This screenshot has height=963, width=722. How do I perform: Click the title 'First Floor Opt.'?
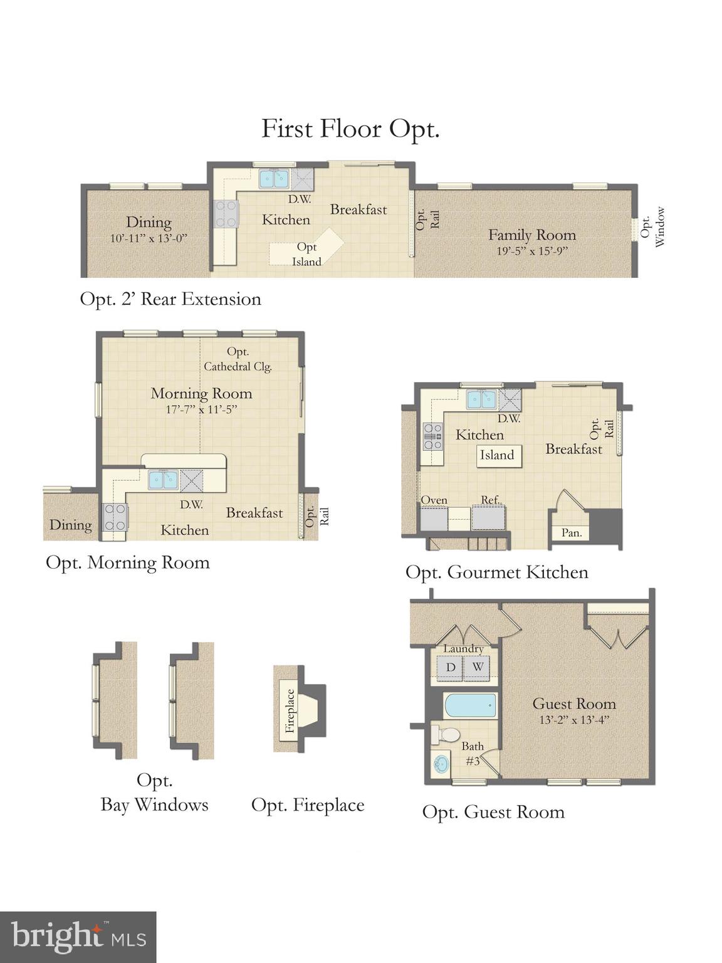pyautogui.click(x=350, y=129)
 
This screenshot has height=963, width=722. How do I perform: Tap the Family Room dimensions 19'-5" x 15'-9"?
pyautogui.click(x=531, y=251)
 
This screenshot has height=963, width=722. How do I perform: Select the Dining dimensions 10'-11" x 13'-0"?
pyautogui.click(x=149, y=238)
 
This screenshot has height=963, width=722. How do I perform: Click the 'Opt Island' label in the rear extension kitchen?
pyautogui.click(x=306, y=255)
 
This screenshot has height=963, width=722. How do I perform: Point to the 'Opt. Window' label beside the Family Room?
pyautogui.click(x=652, y=227)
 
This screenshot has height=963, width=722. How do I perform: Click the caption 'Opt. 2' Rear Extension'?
pyautogui.click(x=170, y=299)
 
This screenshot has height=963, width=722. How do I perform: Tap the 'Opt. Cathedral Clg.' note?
pyautogui.click(x=238, y=359)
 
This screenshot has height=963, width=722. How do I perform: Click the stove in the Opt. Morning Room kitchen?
pyautogui.click(x=115, y=517)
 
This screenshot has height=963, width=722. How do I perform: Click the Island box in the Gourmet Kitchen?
pyautogui.click(x=497, y=455)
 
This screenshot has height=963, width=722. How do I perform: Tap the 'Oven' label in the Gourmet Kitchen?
pyautogui.click(x=434, y=500)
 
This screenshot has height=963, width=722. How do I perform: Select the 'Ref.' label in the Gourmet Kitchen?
pyautogui.click(x=490, y=500)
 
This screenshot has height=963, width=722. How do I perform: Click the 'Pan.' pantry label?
pyautogui.click(x=572, y=533)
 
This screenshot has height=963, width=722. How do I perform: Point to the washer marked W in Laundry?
pyautogui.click(x=478, y=667)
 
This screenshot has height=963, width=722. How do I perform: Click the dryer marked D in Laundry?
pyautogui.click(x=450, y=667)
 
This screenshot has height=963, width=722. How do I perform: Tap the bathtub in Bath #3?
pyautogui.click(x=470, y=706)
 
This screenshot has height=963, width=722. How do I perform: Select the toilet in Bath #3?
pyautogui.click(x=446, y=734)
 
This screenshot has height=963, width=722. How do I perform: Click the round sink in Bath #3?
pyautogui.click(x=441, y=764)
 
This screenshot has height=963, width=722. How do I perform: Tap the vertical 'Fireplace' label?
pyautogui.click(x=290, y=710)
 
